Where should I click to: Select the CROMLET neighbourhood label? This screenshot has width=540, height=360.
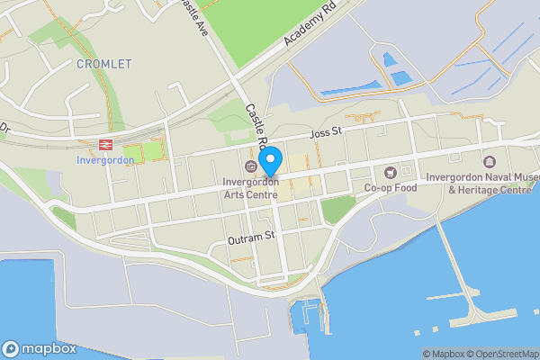click(x=104, y=64)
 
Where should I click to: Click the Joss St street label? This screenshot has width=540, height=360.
click(x=327, y=133)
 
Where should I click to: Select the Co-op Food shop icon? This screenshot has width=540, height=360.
click(x=391, y=172)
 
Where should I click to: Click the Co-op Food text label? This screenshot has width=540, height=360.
click(x=391, y=188)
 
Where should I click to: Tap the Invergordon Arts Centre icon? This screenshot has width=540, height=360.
click(x=250, y=168)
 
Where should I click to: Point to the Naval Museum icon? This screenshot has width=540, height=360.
click(x=490, y=161)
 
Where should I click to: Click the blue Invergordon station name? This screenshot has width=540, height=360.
click(x=105, y=160)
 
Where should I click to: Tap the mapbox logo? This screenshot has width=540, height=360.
click(x=39, y=348)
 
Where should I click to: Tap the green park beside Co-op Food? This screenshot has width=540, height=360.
click(x=337, y=210)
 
